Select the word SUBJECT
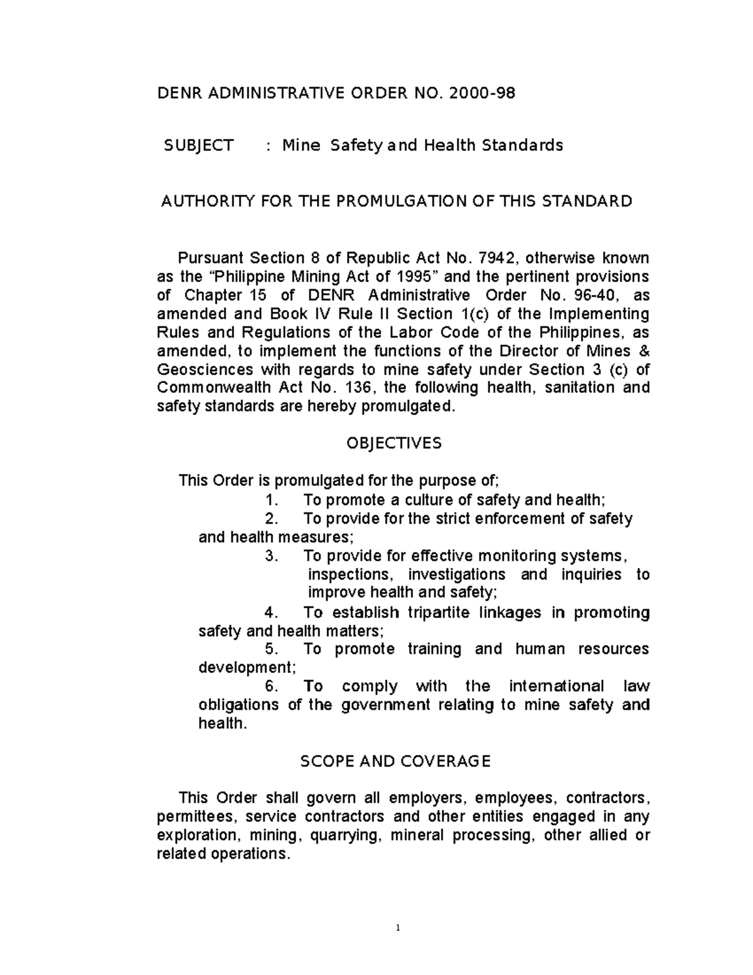pyautogui.click(x=198, y=146)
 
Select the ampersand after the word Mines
pyautogui.click(x=644, y=351)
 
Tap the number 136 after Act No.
pyautogui.click(x=360, y=387)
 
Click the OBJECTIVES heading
pyautogui.click(x=394, y=443)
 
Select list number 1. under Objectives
pyautogui.click(x=271, y=500)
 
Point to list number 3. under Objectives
pyautogui.click(x=271, y=556)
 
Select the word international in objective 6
pyautogui.click(x=557, y=686)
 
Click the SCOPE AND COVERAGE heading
pyautogui.click(x=395, y=762)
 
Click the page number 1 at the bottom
pyautogui.click(x=398, y=927)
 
